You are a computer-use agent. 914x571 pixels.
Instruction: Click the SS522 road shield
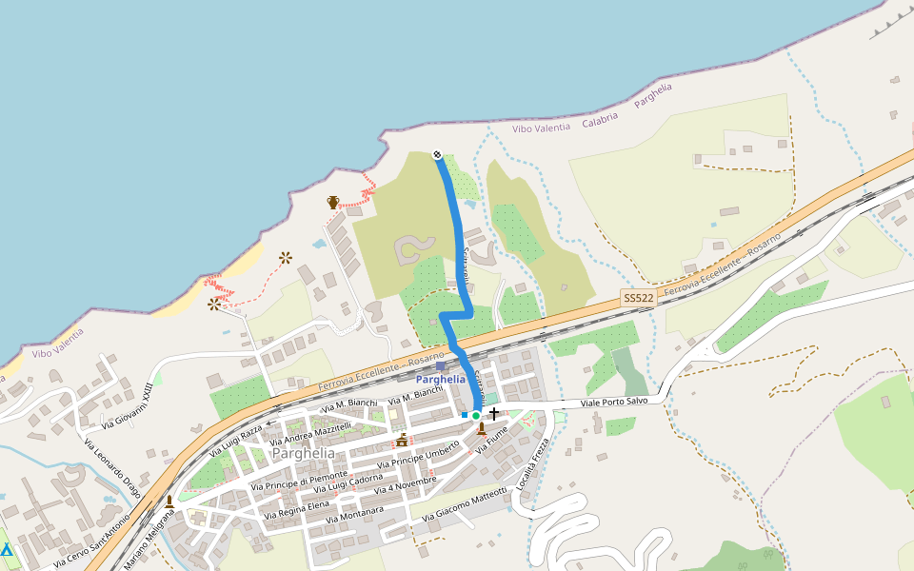pyautogui.click(x=639, y=298)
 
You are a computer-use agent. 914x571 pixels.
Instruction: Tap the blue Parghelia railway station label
pyautogui.click(x=441, y=379)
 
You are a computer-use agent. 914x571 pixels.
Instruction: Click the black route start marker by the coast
pyautogui.click(x=437, y=154)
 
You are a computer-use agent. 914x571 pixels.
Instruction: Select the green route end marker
pyautogui.click(x=476, y=415)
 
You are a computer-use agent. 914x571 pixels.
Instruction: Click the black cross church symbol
pyautogui.click(x=493, y=414)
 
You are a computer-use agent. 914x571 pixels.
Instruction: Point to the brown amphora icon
pyautogui.click(x=333, y=202)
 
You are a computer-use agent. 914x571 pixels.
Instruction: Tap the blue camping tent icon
pyautogui.click(x=7, y=550)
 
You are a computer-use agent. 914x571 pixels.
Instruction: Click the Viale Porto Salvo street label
pyautogui.click(x=614, y=404)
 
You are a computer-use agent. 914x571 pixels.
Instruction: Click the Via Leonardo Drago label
pyautogui.click(x=111, y=467)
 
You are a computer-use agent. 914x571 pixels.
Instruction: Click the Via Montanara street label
pyautogui.click(x=354, y=515)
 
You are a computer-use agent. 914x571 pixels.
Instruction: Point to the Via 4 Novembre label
pyautogui.click(x=405, y=484)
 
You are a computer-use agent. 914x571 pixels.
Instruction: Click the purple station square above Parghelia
pyautogui.click(x=440, y=365)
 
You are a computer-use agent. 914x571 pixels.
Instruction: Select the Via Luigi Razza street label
pyautogui.click(x=235, y=440)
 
